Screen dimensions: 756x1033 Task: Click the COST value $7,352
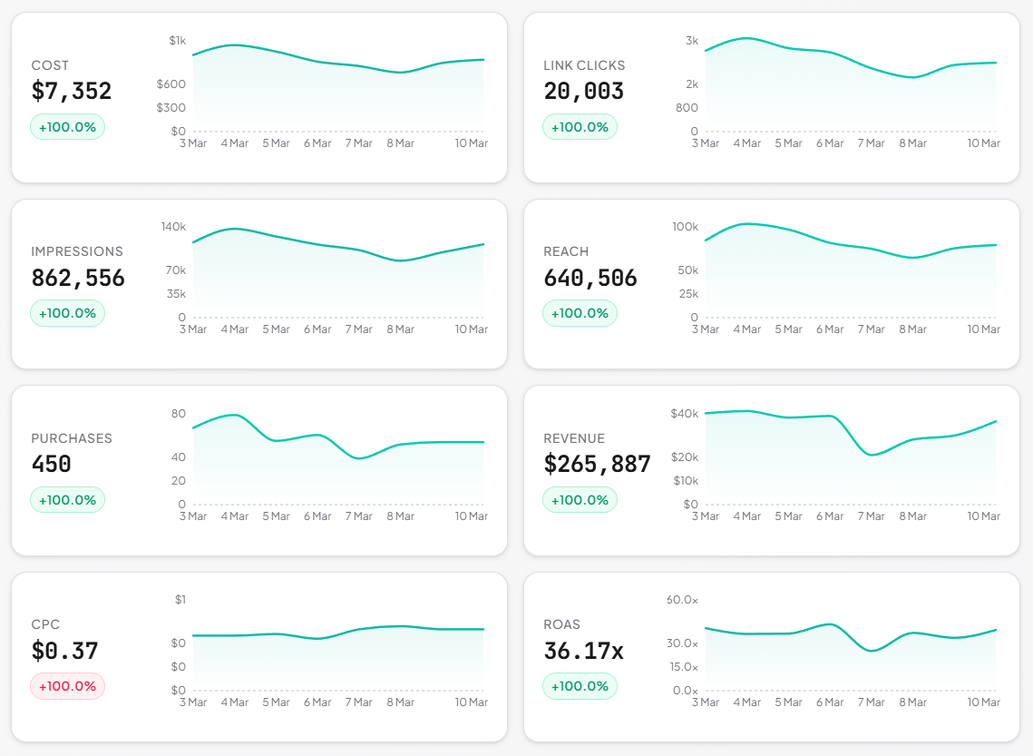(x=72, y=92)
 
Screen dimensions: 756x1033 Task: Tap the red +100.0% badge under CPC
(x=67, y=686)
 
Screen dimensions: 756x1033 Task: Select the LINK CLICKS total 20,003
(x=584, y=92)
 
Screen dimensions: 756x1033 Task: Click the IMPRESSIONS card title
(x=77, y=251)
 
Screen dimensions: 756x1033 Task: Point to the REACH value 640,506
(x=590, y=279)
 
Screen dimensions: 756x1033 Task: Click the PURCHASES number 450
(x=52, y=465)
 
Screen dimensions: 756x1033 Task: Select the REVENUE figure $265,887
(x=598, y=465)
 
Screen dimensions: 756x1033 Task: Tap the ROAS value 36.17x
(x=584, y=652)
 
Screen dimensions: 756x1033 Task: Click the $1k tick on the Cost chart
(x=177, y=41)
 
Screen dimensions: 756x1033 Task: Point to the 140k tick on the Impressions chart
(x=173, y=227)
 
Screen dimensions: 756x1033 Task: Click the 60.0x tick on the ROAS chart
(x=682, y=600)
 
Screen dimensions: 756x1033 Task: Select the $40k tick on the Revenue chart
(x=684, y=414)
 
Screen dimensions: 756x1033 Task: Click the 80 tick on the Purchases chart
(x=178, y=414)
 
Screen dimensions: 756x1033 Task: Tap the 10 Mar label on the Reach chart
(x=984, y=329)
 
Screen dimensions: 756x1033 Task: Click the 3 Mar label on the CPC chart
(x=193, y=702)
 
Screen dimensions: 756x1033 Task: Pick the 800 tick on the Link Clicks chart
(x=687, y=108)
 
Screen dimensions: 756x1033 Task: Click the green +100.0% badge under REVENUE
(x=580, y=500)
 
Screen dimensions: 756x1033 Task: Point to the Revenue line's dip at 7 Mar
(x=872, y=455)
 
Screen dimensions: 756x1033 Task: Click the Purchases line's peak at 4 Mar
(x=235, y=415)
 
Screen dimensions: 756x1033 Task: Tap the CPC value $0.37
(x=64, y=652)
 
